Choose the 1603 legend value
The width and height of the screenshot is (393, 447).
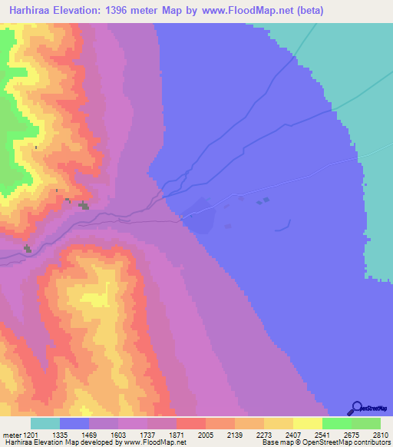[x=118, y=434]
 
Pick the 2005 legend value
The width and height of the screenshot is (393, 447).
[x=206, y=434]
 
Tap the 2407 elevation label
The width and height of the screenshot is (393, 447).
[x=292, y=434]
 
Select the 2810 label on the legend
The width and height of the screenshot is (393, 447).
[x=381, y=434]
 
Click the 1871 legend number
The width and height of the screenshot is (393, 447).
[x=177, y=434]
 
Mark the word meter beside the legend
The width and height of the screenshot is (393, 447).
[x=11, y=434]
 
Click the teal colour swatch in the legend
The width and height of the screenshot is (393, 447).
[x=45, y=423]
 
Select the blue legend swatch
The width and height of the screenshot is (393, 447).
[x=74, y=423]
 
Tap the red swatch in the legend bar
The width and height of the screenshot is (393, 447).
[x=191, y=423]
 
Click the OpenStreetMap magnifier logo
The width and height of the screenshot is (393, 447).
[x=356, y=409]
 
